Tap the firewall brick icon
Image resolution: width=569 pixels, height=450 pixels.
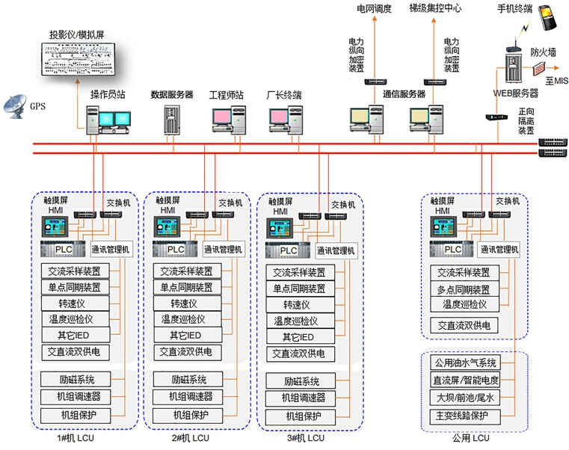pyautogui.click(x=538, y=69)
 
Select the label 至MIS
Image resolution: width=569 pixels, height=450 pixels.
pyautogui.click(x=556, y=81)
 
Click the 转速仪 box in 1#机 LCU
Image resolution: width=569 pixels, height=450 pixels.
pyautogui.click(x=75, y=303)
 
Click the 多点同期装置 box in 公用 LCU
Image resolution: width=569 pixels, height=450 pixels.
pyautogui.click(x=463, y=289)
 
